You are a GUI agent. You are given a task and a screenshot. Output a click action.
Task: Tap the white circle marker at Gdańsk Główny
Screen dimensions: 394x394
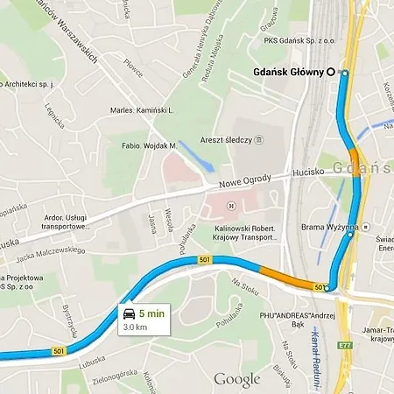point(331,72)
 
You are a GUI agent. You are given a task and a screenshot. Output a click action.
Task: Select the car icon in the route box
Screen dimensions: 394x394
point(128,313)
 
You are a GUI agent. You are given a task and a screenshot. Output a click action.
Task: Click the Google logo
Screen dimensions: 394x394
point(237,379)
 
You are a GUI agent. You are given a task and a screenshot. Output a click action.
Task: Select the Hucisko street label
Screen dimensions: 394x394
point(309,172)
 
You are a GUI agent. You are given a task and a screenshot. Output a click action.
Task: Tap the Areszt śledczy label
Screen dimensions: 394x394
point(228,139)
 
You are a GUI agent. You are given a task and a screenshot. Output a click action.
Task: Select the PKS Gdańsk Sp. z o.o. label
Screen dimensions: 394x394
point(299,39)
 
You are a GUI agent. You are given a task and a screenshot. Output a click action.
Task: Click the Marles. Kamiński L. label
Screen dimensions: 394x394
point(144,110)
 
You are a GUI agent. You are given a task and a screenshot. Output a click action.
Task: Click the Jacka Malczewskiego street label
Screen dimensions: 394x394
point(53,250)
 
